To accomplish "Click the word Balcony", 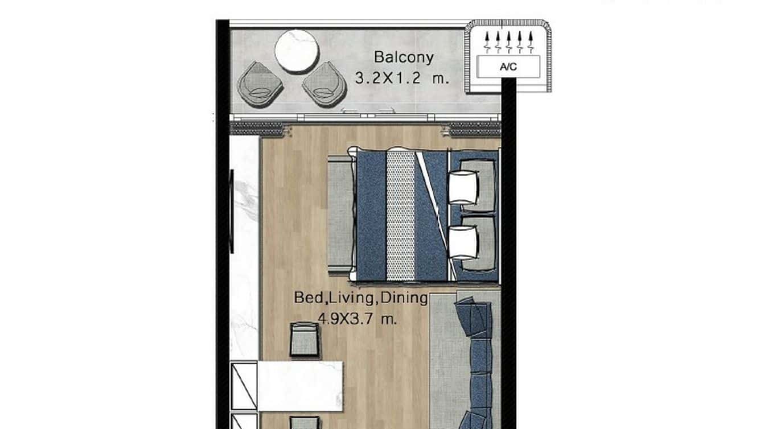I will point(403,57).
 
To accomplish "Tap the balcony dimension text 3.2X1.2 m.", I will point(402,79).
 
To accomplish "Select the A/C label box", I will point(508,67).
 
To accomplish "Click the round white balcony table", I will point(297,51).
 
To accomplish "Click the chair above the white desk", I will point(304,340).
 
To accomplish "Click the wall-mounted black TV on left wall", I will point(231,211).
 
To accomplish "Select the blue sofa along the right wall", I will point(477,364).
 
